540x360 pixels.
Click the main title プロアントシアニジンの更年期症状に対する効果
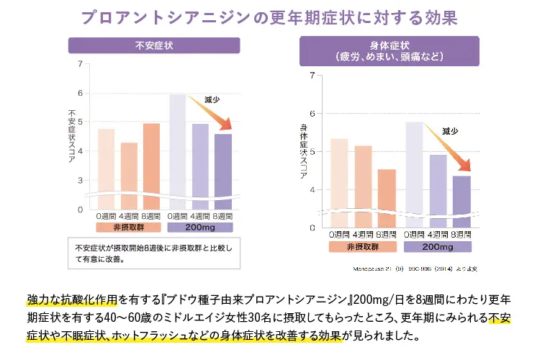[x=269, y=17]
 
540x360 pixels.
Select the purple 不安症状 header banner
[x=154, y=45]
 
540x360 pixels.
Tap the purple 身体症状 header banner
[x=389, y=50]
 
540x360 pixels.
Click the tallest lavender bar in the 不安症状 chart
[x=177, y=151]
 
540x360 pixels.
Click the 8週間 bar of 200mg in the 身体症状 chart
[x=461, y=201]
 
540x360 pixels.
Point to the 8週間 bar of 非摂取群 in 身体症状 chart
[x=387, y=197]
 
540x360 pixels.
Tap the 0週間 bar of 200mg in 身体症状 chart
[x=414, y=174]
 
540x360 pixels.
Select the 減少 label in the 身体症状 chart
[x=450, y=131]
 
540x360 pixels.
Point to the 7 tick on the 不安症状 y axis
[x=79, y=64]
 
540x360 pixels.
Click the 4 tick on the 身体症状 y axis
[x=311, y=189]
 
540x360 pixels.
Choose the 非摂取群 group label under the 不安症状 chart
[x=128, y=227]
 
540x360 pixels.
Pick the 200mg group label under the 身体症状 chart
[x=438, y=247]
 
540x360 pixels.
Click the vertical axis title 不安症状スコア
[x=71, y=137]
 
